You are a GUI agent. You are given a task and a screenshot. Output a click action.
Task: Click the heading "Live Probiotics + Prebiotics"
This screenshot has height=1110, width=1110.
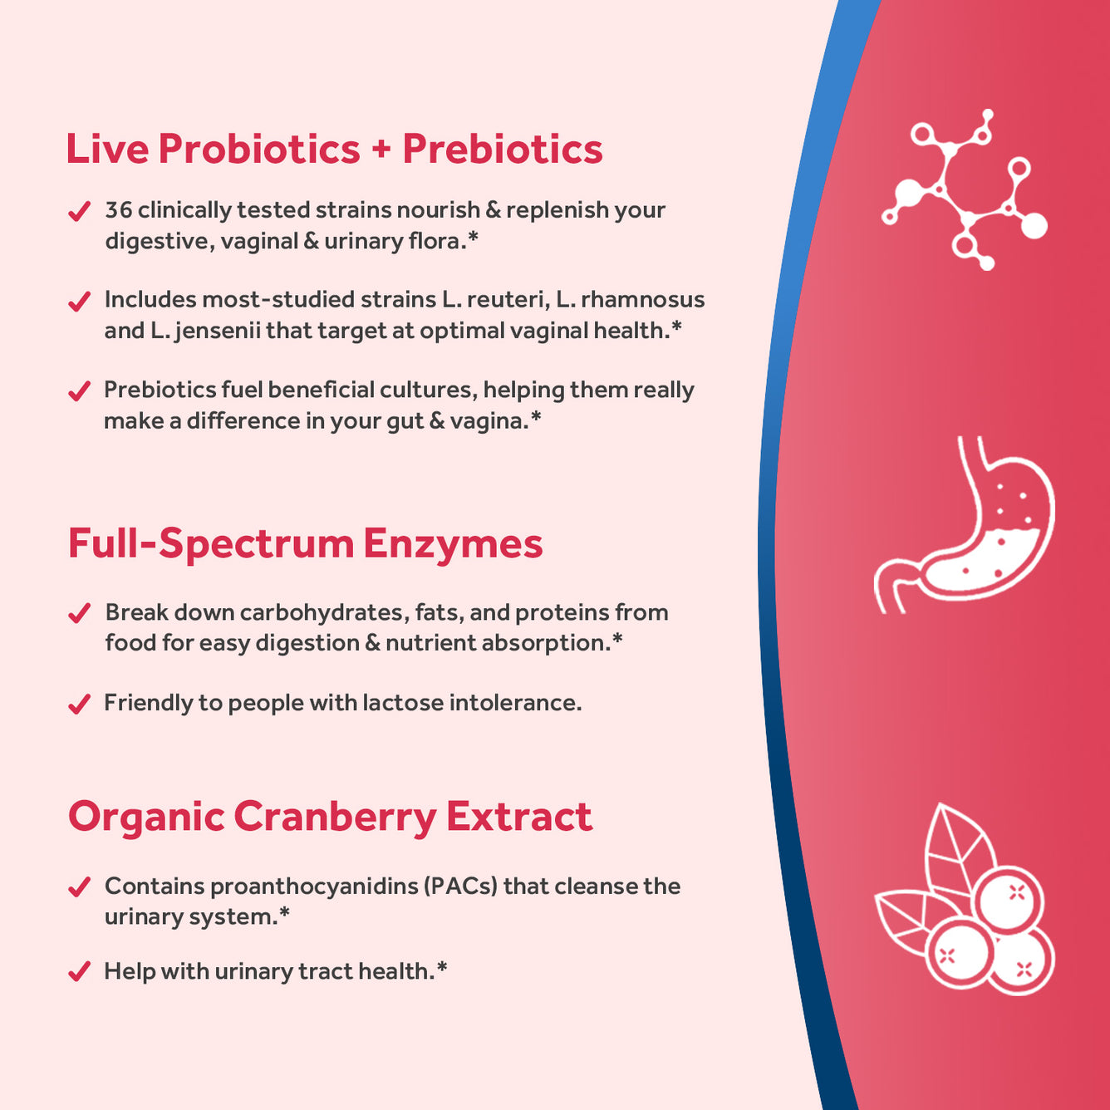coord(334,150)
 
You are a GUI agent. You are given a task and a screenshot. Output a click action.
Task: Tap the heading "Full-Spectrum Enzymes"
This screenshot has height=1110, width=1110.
coord(305,544)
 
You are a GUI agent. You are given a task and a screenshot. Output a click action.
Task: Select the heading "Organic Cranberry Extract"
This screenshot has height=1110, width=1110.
coord(330,817)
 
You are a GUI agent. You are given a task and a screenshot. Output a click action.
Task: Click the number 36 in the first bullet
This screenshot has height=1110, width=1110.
coord(118,210)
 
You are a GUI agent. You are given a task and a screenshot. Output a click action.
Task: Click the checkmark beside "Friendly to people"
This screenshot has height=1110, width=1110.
coord(79,705)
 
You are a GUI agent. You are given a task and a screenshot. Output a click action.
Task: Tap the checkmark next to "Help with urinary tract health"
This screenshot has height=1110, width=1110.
coord(79,971)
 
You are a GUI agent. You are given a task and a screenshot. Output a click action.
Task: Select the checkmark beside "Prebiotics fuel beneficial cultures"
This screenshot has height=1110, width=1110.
coord(79,390)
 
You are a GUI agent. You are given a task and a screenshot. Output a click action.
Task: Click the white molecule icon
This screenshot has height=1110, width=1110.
coord(965,189)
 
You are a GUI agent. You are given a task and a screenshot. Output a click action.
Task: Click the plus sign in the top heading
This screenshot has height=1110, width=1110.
coord(381,150)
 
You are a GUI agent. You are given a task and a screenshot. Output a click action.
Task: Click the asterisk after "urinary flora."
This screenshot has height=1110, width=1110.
coord(473,238)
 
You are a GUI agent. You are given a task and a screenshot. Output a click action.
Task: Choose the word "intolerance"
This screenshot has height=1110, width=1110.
coord(514,703)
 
